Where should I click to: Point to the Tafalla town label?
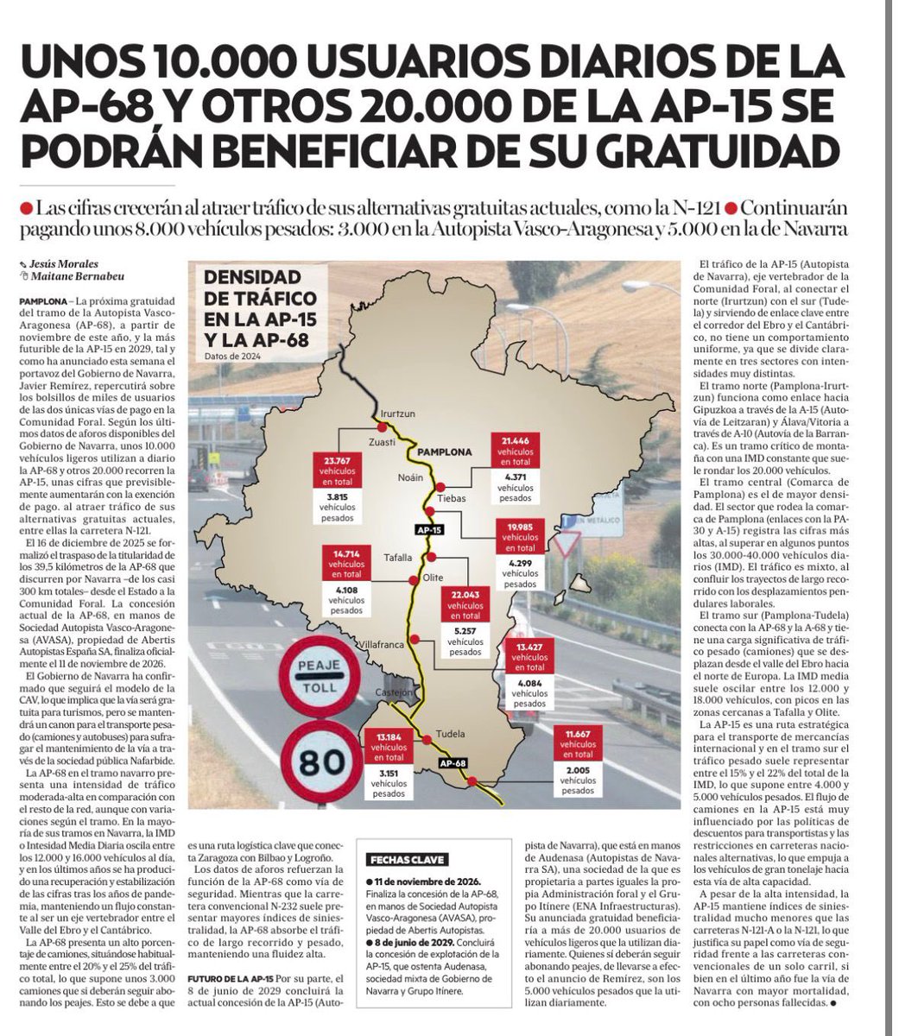pyautogui.click(x=398, y=557)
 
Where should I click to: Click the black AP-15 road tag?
pyautogui.click(x=429, y=529)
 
